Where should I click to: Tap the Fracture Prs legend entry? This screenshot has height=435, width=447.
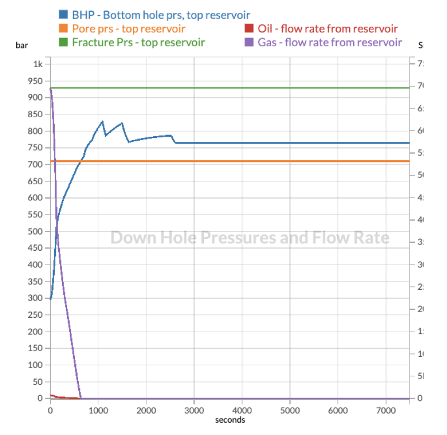click(x=138, y=42)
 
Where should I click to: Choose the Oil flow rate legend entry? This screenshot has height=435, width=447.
click(x=327, y=28)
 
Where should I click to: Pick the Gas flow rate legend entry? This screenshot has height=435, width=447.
click(x=330, y=42)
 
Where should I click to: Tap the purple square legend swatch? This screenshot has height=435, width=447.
click(x=249, y=42)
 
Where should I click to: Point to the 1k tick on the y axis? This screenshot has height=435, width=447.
click(x=37, y=64)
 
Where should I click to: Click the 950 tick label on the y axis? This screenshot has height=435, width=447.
click(x=35, y=81)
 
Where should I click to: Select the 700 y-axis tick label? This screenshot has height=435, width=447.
click(x=35, y=165)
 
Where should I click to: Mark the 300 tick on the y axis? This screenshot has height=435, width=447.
click(x=35, y=298)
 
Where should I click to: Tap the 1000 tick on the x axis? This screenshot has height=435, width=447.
click(x=98, y=409)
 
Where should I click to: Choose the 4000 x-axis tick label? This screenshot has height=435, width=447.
click(x=242, y=409)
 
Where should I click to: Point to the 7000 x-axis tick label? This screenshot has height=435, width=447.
click(x=386, y=409)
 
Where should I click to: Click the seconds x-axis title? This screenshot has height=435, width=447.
click(x=230, y=420)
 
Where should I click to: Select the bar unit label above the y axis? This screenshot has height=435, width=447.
click(x=21, y=46)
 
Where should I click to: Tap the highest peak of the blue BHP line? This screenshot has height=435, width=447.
click(x=103, y=121)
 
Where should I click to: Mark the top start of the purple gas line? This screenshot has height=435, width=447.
click(x=50, y=88)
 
